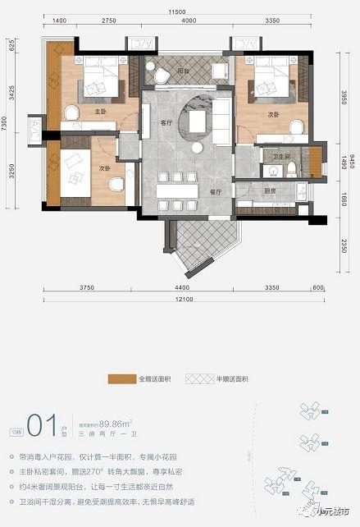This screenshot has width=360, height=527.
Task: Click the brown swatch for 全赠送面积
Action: (x=121, y=380)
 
